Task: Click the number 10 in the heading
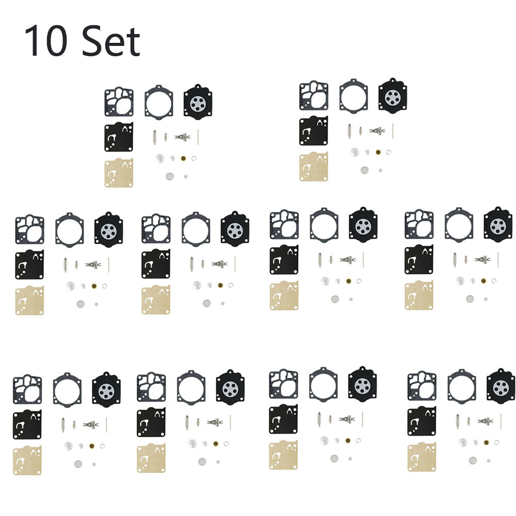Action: point(45,41)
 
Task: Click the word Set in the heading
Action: point(111,41)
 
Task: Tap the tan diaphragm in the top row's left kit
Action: point(119,173)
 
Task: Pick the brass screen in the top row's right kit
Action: point(378,152)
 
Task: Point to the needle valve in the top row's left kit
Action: point(155,137)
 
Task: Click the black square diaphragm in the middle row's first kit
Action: point(29,264)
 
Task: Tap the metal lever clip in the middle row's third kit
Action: point(348,260)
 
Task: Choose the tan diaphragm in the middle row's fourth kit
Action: point(419,295)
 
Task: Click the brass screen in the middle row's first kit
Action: point(94,286)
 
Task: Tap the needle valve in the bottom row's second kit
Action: point(187,422)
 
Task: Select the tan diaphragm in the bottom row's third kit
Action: point(283,455)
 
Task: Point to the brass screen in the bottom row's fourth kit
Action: point(486,442)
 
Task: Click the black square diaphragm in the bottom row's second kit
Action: point(151,422)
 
